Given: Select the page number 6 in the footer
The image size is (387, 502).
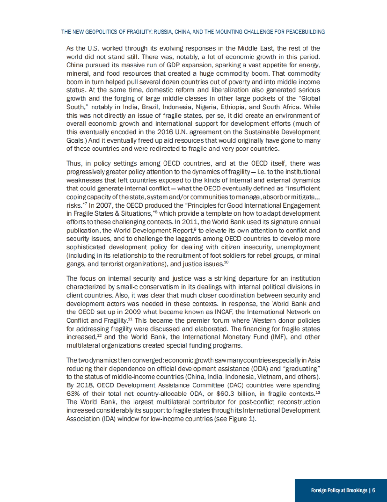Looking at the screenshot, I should point(374,490).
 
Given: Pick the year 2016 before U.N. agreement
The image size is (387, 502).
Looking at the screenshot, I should point(165,132).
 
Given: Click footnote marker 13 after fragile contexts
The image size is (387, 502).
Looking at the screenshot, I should point(318,392).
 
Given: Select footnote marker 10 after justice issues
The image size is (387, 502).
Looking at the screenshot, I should point(226,262).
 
